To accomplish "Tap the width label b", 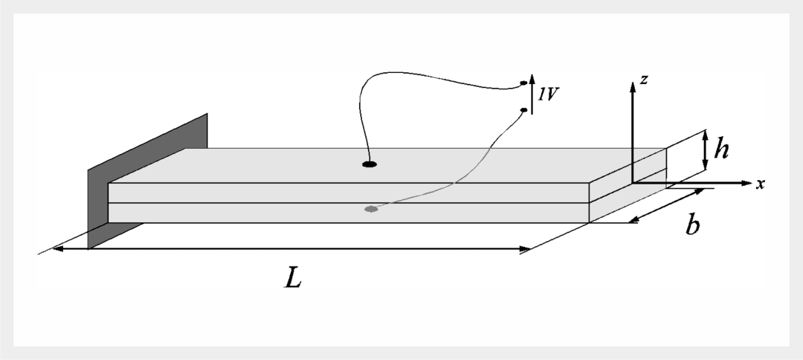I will tap(693, 225).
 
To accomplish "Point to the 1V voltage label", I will tap(549, 95).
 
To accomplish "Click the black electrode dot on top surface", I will tap(370, 164).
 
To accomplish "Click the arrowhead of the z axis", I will tap(632, 86).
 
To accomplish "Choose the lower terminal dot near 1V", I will tap(523, 111).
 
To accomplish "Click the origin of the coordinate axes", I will tap(632, 182).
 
